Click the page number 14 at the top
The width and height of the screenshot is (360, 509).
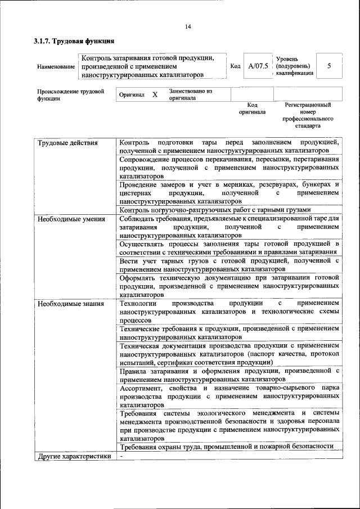188,26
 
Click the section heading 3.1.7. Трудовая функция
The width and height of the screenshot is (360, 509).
74,41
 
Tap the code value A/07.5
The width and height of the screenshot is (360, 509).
258,66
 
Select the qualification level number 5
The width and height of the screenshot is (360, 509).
329,66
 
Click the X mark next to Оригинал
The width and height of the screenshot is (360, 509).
155,95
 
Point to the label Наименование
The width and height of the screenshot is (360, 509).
56,66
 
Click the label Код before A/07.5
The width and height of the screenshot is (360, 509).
236,66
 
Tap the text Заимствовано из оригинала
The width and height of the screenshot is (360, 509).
190,94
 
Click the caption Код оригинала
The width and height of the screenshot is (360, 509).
252,108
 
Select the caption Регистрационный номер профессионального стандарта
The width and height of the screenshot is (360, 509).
308,115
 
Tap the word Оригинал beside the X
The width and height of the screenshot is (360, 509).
132,95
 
